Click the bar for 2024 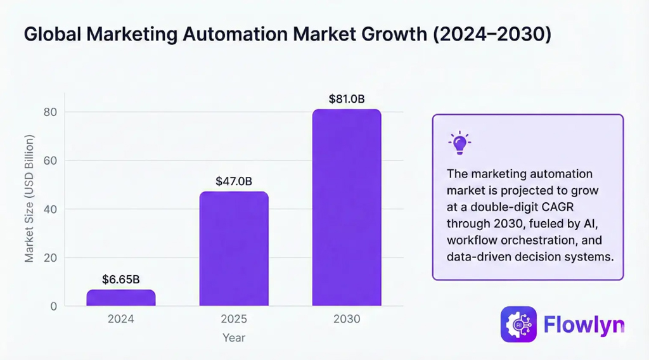tap(120, 298)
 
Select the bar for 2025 tap(234, 249)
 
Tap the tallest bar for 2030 tap(347, 208)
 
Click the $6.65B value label tap(120, 279)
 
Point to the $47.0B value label tap(234, 181)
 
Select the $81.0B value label tap(347, 99)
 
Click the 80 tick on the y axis tap(50, 112)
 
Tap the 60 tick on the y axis tap(50, 161)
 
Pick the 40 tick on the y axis tap(50, 209)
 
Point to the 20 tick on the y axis tap(50, 258)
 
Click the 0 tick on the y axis tap(53, 306)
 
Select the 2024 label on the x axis tap(120, 319)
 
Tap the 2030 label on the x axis tap(347, 319)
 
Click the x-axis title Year tap(234, 338)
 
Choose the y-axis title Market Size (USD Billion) tap(29, 199)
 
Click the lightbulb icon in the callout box tap(459, 143)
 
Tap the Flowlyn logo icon tap(518, 325)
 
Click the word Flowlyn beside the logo tap(584, 325)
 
